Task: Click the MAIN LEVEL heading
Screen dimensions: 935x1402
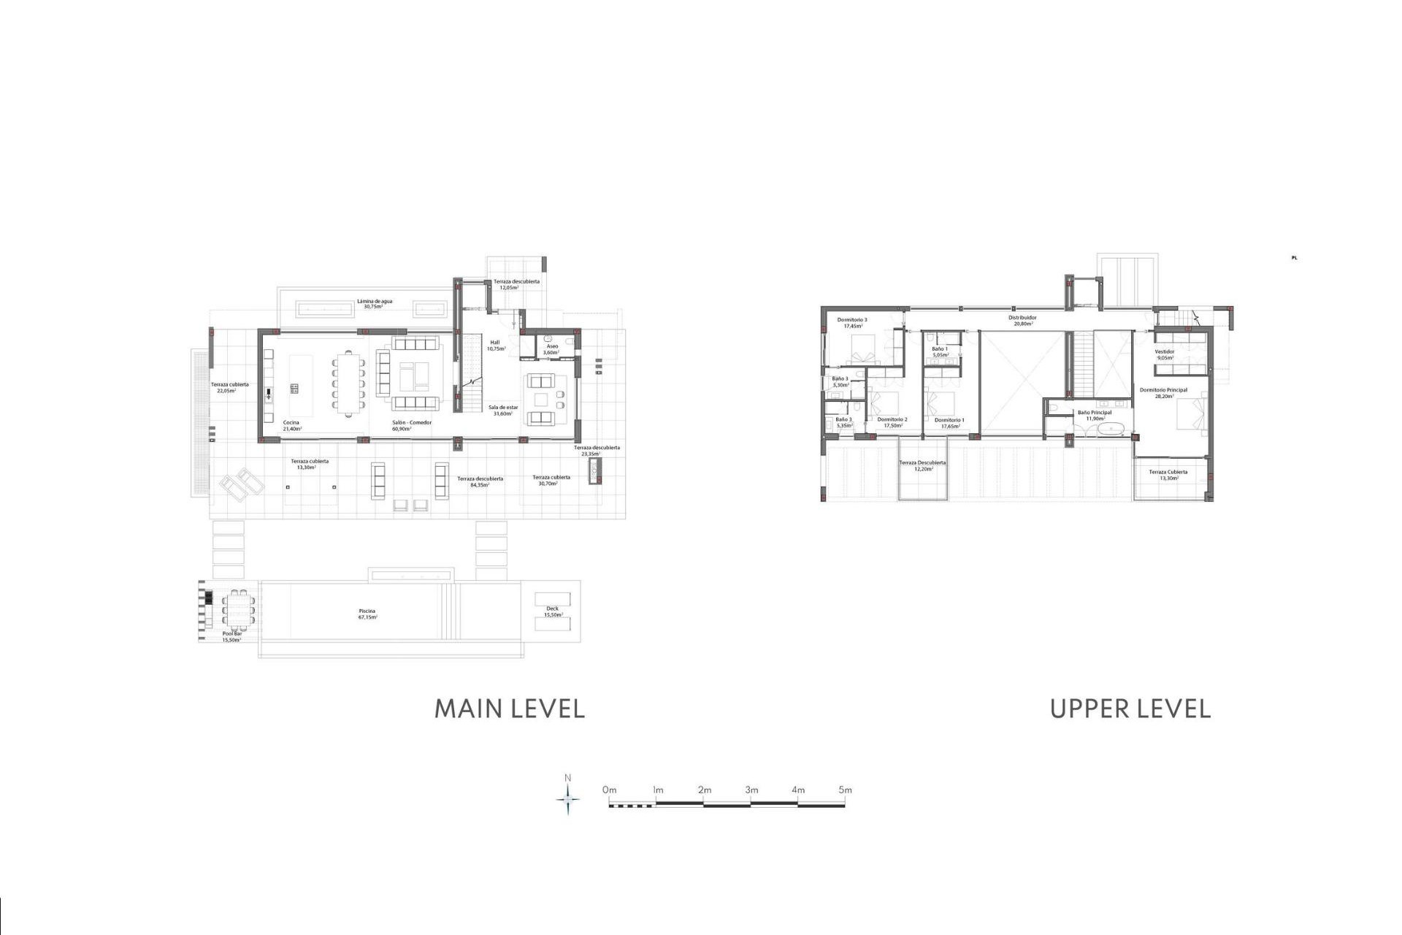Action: tap(510, 709)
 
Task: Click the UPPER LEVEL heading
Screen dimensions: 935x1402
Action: tap(1130, 709)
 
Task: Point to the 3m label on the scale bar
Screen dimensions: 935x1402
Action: tap(751, 790)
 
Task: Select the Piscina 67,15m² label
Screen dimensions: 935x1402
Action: tap(367, 614)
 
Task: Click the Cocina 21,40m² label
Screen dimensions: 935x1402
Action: tap(291, 425)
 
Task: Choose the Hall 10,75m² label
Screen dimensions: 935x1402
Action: tap(495, 345)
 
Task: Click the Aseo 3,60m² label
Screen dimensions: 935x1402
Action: tap(551, 349)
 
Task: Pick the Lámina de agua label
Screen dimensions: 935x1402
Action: tap(375, 303)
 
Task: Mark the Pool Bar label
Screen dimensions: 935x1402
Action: tap(231, 636)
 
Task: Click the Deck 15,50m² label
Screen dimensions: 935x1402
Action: tap(552, 611)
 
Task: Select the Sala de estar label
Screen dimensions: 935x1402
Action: tap(503, 410)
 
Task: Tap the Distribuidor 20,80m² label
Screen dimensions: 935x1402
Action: tap(1022, 320)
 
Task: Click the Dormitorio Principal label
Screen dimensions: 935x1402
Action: tap(1163, 393)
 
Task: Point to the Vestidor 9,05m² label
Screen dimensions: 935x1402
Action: tap(1165, 354)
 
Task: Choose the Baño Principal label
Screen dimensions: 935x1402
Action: tap(1095, 415)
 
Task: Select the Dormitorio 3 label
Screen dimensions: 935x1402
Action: tap(852, 322)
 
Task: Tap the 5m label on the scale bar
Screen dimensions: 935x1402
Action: tap(845, 790)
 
